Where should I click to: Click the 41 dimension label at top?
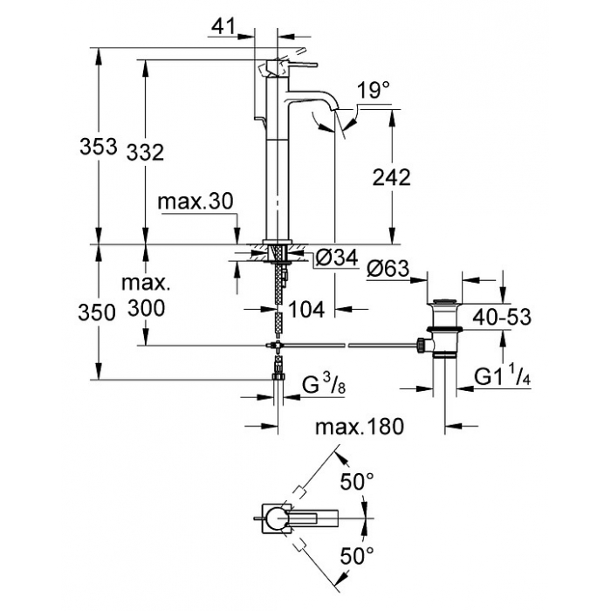pos(223,26)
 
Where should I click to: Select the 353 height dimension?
pos(98,147)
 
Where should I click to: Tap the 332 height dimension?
pos(145,152)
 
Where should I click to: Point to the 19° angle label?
pos(373,91)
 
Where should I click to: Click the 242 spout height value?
pos(392,177)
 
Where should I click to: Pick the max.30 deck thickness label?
pos(196,202)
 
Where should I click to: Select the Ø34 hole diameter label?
pos(337,257)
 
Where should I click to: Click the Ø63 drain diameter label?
pos(388,269)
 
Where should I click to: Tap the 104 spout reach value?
pos(306,310)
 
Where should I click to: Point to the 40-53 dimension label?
pos(502,317)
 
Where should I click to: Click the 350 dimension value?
pos(97,312)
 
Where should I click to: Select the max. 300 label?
pos(146,295)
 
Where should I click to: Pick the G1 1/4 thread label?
pos(502,376)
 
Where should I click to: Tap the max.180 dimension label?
pos(360,426)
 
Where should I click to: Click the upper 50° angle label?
pos(357,481)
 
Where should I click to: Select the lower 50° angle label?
pos(357,555)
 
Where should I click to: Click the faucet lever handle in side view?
pos(299,65)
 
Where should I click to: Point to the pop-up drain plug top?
pos(444,302)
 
